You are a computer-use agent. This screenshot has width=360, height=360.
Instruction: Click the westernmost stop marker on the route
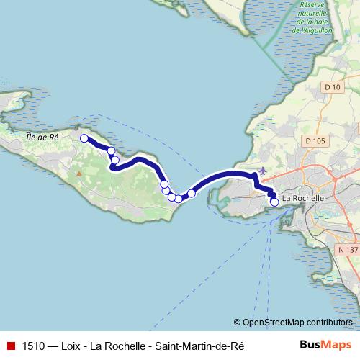[84, 138]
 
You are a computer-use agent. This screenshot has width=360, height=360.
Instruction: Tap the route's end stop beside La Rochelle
[274, 202]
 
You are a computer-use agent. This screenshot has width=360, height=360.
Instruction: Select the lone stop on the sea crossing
[192, 193]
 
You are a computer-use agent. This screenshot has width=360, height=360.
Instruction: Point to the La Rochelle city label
[304, 198]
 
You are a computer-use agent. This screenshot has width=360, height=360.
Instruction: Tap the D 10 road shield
[332, 87]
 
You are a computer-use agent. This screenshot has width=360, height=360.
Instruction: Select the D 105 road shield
[313, 140]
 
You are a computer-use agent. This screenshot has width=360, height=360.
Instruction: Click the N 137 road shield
[347, 249]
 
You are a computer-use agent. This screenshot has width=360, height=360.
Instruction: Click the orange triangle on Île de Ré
[79, 173]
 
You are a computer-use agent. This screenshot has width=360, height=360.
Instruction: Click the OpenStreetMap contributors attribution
[293, 323]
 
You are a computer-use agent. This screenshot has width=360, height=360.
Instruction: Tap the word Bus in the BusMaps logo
[311, 346]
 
